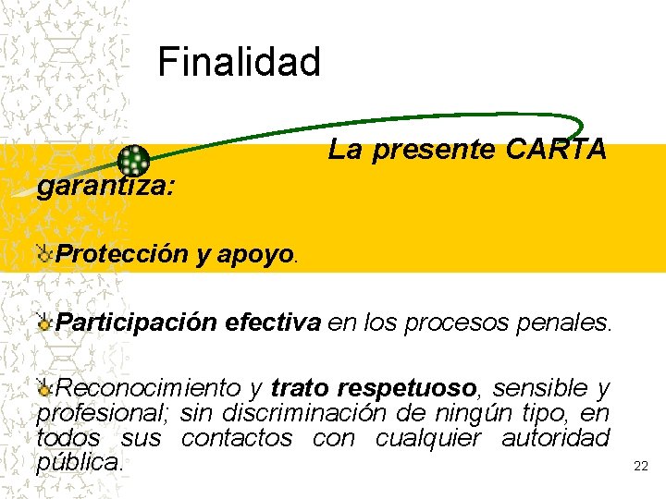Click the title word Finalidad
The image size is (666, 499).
tap(239, 63)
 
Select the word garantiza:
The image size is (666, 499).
tap(105, 186)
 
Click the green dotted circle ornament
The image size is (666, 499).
tap(134, 162)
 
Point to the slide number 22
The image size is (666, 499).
tap(640, 467)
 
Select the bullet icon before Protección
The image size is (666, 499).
tap(44, 254)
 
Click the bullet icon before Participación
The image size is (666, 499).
tap(44, 322)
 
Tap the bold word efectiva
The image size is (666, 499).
tap(273, 322)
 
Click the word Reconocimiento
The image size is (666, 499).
tap(148, 387)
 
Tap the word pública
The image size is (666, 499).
tap(79, 461)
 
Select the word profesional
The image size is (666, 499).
tap(102, 412)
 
